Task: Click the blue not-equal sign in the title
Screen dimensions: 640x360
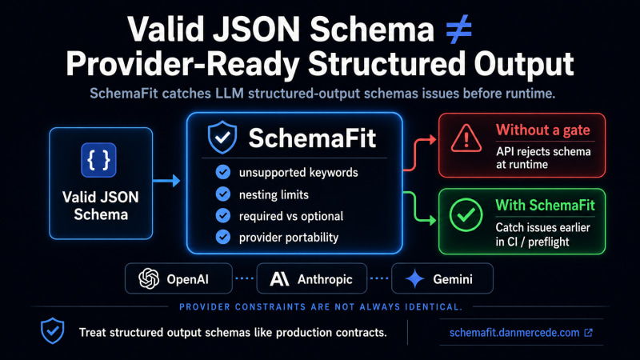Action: (x=458, y=29)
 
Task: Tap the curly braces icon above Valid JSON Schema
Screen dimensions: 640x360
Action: (x=98, y=160)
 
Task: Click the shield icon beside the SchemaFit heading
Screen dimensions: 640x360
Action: (x=222, y=137)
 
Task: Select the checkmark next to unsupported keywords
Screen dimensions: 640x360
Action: (x=223, y=172)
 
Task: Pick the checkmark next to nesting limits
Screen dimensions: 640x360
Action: (x=223, y=194)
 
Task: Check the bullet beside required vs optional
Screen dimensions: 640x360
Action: (x=223, y=215)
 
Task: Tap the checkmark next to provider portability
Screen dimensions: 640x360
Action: (x=223, y=237)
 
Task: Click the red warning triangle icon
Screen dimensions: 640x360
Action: (x=466, y=138)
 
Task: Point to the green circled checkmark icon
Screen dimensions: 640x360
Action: (x=466, y=214)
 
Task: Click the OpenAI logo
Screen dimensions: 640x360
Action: (x=149, y=278)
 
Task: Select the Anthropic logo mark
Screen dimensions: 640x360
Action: (x=279, y=279)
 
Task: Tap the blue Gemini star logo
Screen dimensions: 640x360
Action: (x=415, y=278)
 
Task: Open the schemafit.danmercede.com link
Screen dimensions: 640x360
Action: (x=514, y=333)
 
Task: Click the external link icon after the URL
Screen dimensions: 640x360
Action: (x=588, y=333)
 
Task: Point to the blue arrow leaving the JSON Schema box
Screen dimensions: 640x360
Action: (x=166, y=181)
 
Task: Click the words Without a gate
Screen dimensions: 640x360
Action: (x=543, y=130)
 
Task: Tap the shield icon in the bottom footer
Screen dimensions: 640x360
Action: (x=52, y=330)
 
